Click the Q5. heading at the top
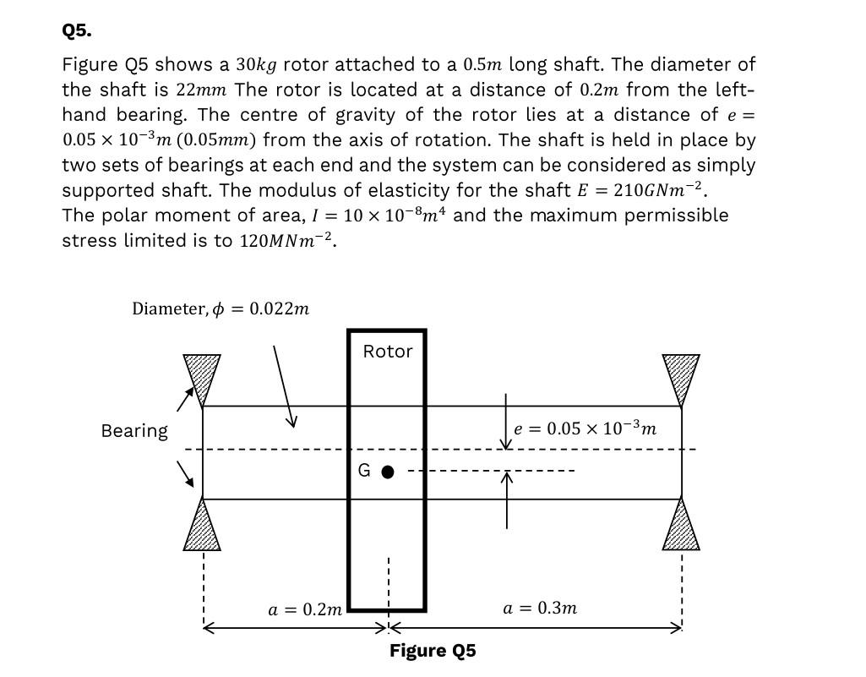click(x=77, y=31)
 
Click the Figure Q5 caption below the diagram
click(x=433, y=651)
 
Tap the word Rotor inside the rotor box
click(x=388, y=352)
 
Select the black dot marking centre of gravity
click(x=387, y=472)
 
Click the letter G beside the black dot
click(x=364, y=472)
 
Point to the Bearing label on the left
click(x=134, y=431)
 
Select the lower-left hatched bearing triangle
click(x=202, y=527)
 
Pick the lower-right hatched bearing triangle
click(x=681, y=527)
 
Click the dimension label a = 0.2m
click(x=305, y=609)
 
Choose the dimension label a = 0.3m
click(x=540, y=608)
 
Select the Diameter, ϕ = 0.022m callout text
click(x=221, y=308)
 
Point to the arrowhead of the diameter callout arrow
click(x=291, y=423)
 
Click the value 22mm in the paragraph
click(x=204, y=90)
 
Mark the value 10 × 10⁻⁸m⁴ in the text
click(x=396, y=215)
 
